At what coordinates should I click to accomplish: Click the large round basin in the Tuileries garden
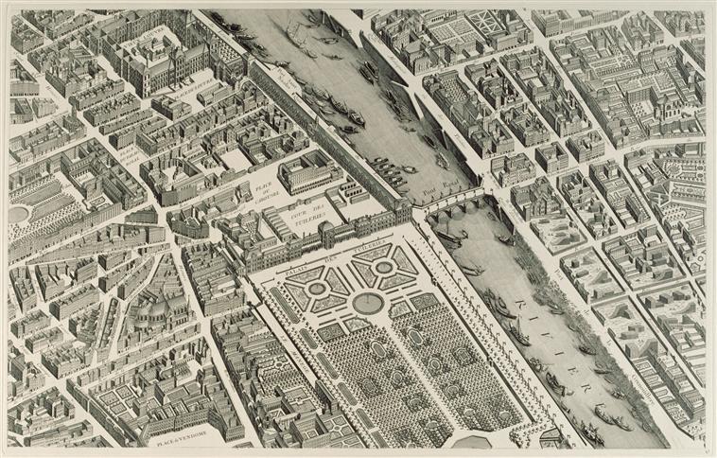(368, 303)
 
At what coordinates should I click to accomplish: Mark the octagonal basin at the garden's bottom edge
(473, 442)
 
